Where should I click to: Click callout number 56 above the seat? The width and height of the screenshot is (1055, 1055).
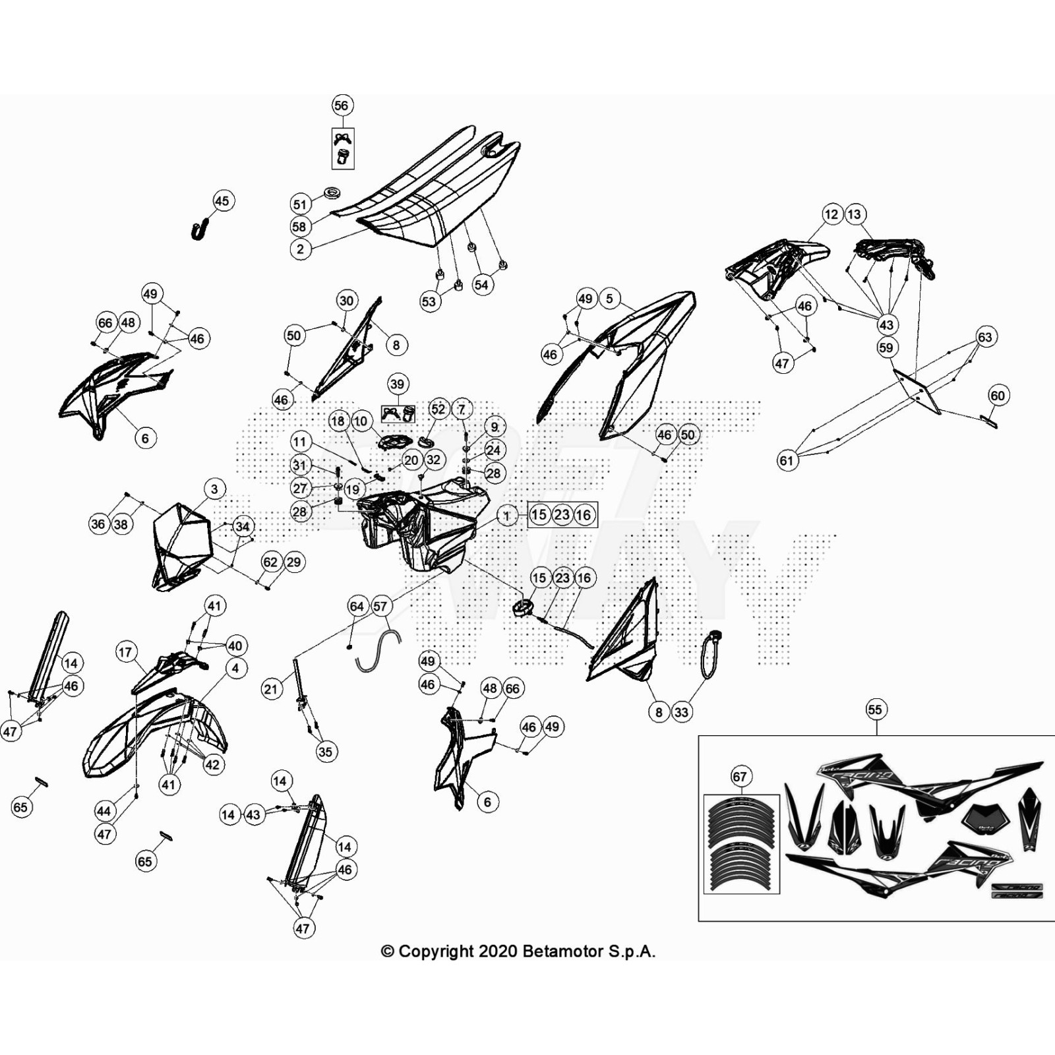[x=341, y=105]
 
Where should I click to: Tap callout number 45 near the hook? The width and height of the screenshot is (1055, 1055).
[x=222, y=201]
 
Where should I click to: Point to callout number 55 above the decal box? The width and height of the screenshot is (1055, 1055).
[x=874, y=709]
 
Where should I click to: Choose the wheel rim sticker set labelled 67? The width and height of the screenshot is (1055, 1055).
[x=742, y=844]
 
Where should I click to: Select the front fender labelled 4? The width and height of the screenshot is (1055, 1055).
[x=152, y=732]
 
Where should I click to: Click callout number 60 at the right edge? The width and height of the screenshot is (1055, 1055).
[x=998, y=396]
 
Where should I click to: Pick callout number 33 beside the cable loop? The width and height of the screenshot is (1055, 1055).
[x=681, y=712]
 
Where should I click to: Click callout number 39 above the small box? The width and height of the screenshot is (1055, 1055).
[x=397, y=384]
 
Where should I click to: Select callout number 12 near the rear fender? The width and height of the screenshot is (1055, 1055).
[x=831, y=214]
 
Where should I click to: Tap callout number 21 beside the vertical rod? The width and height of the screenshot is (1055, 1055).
[x=271, y=689]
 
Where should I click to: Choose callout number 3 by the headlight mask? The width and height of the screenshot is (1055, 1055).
[x=214, y=489]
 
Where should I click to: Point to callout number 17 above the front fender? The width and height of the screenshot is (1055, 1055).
[x=125, y=652]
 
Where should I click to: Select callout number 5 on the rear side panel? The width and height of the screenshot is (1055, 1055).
[x=609, y=299]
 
